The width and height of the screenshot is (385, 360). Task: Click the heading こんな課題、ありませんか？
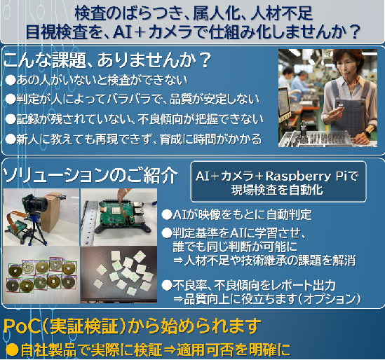coord(107,60)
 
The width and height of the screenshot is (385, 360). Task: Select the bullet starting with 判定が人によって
coord(133,99)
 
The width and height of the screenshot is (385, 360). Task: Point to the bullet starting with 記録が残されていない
coord(135,119)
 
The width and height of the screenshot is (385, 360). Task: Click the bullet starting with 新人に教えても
coord(133,139)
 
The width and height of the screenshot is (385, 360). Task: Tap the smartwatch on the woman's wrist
coord(366,134)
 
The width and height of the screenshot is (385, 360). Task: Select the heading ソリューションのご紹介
coord(90,175)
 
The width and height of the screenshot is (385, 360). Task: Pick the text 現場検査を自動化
coord(277,190)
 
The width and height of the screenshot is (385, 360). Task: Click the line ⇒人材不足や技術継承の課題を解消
coord(264,260)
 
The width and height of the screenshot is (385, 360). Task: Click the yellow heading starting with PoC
coord(132,326)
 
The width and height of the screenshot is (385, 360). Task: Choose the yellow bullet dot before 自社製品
coord(13,349)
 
